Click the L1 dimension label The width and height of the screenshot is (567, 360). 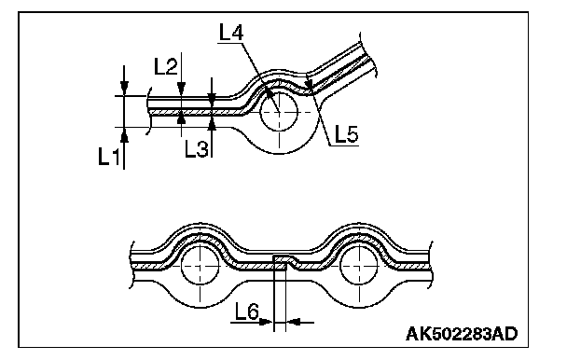(x=108, y=157)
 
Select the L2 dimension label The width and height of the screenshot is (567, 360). (x=166, y=66)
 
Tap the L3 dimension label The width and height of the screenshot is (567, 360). (x=197, y=148)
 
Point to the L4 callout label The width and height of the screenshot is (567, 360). (x=231, y=32)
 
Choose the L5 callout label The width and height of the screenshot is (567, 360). (x=346, y=133)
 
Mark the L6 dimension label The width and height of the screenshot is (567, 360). (x=247, y=312)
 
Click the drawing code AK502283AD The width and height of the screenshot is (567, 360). (x=462, y=334)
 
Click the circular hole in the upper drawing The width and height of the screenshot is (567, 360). (x=279, y=112)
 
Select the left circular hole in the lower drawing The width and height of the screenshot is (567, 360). (x=200, y=265)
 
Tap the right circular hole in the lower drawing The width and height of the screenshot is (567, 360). (x=359, y=265)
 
